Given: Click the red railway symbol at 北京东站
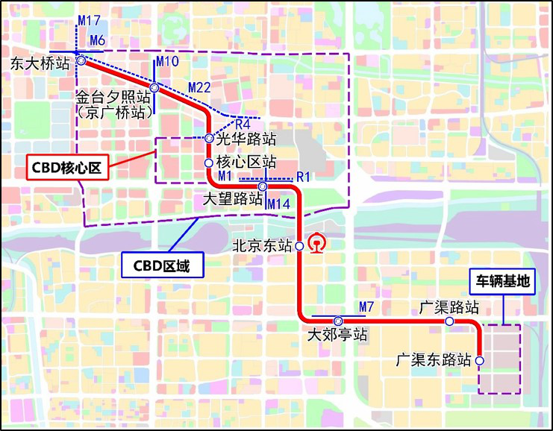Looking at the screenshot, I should coord(319,245).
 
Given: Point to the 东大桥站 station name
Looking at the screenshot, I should coord(39,65).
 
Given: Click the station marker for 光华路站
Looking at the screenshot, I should coord(209,138).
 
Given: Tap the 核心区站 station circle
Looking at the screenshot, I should coord(209,162).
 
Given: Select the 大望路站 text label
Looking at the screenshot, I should coord(234,199).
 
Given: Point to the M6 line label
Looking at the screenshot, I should coord(98,40).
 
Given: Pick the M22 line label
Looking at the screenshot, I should coord(200,87).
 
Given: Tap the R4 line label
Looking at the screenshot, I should coord(243,124).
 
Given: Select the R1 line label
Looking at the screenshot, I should coord(302,177).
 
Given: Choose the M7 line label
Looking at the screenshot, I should coord(366,306).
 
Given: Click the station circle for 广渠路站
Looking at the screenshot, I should coord(450,321).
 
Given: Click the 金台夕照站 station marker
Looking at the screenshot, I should coord(154,88).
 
